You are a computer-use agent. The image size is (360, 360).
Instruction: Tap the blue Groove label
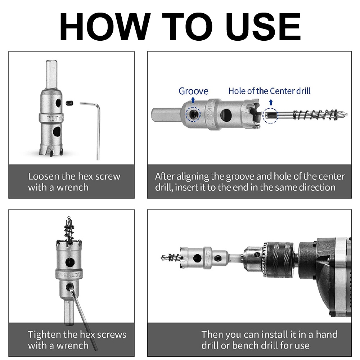coord(193,91)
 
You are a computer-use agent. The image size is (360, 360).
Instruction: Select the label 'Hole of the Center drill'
coord(269,91)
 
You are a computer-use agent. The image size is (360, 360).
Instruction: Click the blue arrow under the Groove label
coord(193,100)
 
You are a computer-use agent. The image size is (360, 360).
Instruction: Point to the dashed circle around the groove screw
coord(193,114)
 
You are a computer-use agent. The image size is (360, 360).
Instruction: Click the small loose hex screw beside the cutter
coord(70,103)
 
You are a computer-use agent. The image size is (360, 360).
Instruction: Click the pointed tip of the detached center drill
coord(347,114)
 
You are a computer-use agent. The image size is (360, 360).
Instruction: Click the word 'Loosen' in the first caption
coord(43,176)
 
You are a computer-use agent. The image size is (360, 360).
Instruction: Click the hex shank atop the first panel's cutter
coord(51,75)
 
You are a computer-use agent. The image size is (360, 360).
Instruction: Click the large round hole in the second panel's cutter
coord(226,114)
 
